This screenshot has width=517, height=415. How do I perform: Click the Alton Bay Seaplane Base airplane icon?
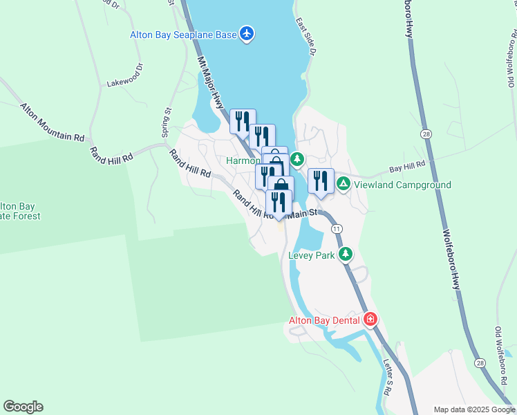click(x=247, y=33)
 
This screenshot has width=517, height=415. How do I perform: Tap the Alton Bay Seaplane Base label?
click(x=183, y=34)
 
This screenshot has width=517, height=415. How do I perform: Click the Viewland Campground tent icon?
click(x=344, y=185)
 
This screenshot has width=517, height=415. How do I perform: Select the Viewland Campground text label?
click(x=402, y=185)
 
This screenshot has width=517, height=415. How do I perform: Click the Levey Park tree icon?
click(x=346, y=255)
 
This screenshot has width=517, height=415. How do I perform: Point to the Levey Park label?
click(x=311, y=255)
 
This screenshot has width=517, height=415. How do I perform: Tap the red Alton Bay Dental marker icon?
click(x=370, y=320)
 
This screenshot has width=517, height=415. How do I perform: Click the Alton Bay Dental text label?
click(x=324, y=320)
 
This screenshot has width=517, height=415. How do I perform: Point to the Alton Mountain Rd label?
click(x=52, y=122)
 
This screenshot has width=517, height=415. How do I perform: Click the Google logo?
click(x=23, y=407)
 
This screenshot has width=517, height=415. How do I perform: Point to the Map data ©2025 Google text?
click(x=473, y=409)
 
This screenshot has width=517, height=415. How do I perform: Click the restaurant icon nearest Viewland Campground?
click(x=321, y=181)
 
